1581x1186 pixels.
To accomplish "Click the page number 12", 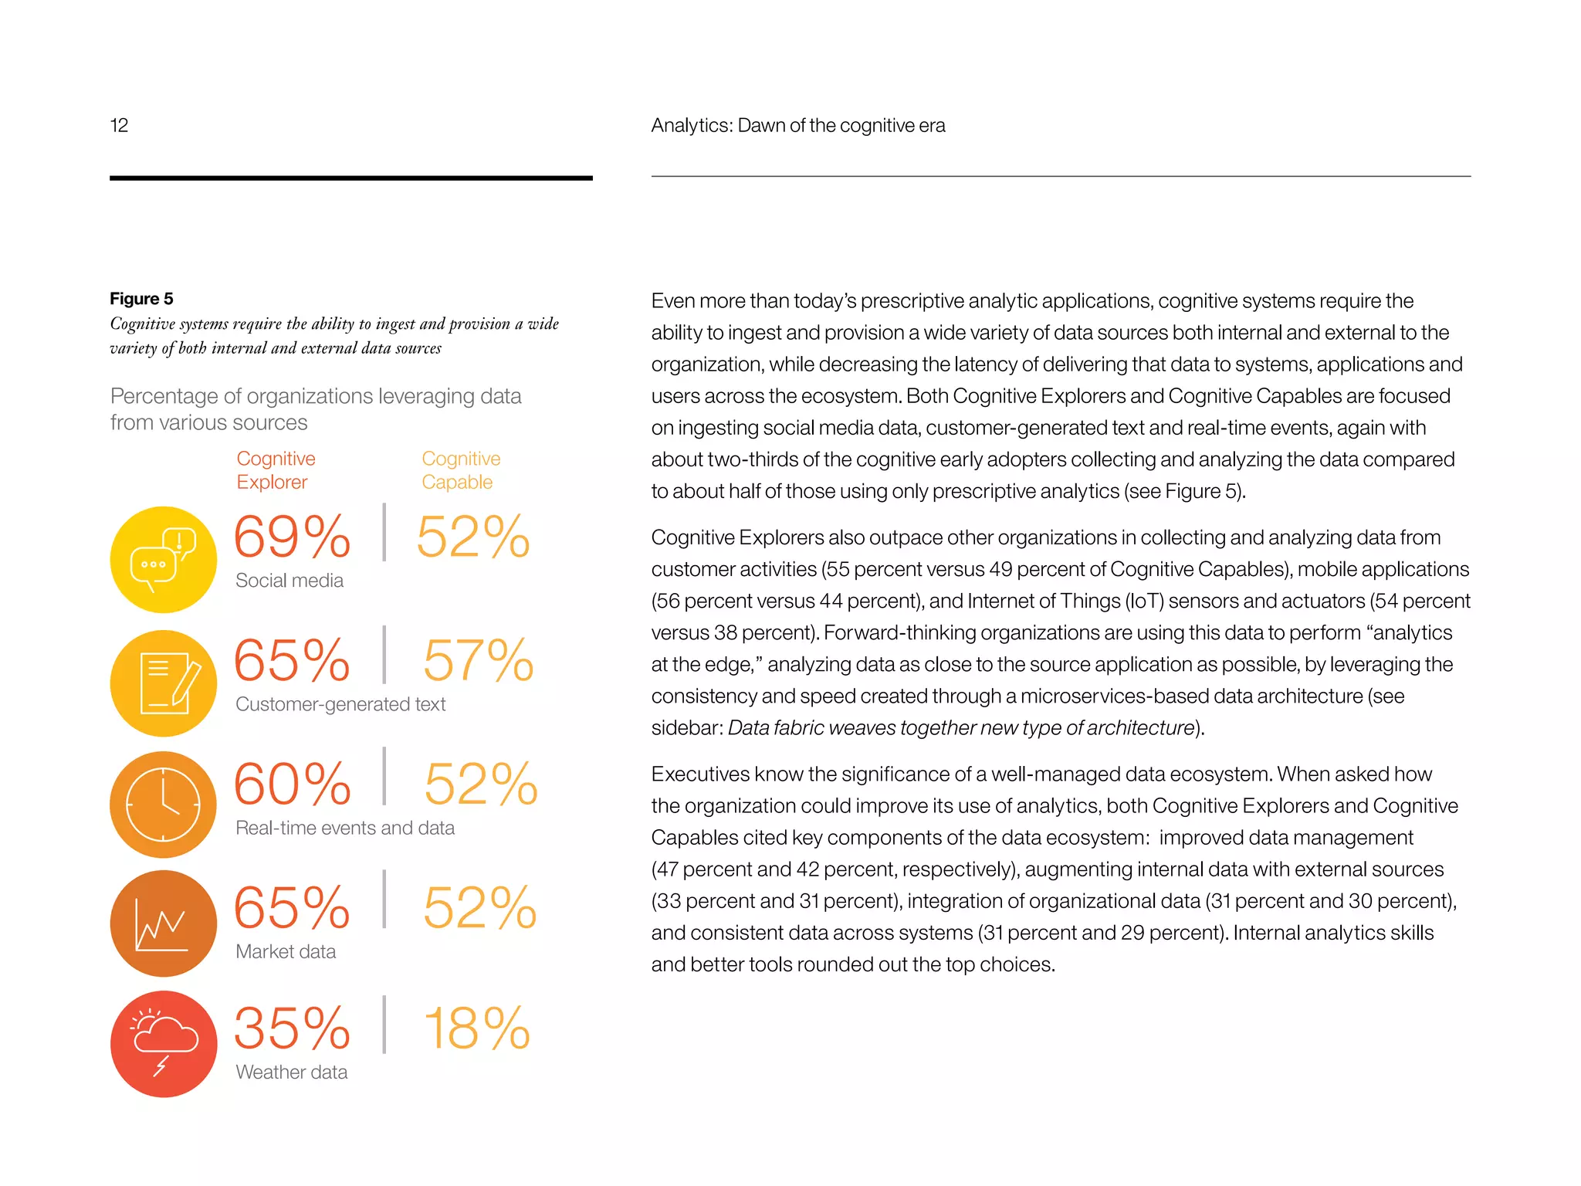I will point(119,125).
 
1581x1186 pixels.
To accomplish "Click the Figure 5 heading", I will point(141,299).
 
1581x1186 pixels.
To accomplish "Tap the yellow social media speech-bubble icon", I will point(164,559).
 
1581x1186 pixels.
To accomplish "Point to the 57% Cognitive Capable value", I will point(478,660).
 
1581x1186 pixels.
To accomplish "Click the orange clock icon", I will point(164,805).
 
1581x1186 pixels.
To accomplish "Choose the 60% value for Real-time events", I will point(292,784).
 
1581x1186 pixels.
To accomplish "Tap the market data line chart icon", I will point(164,923).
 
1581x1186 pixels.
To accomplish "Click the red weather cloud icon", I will point(164,1044).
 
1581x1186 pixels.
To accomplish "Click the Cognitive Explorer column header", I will point(276,470).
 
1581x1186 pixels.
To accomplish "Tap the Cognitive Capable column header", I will point(461,470).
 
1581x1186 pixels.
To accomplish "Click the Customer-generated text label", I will point(340,704).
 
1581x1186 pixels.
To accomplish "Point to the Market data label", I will point(286,951).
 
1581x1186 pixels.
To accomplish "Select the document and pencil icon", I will point(164,683).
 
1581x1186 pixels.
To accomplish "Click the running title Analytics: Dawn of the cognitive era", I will point(797,125).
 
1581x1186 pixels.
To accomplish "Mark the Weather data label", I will point(291,1072).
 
